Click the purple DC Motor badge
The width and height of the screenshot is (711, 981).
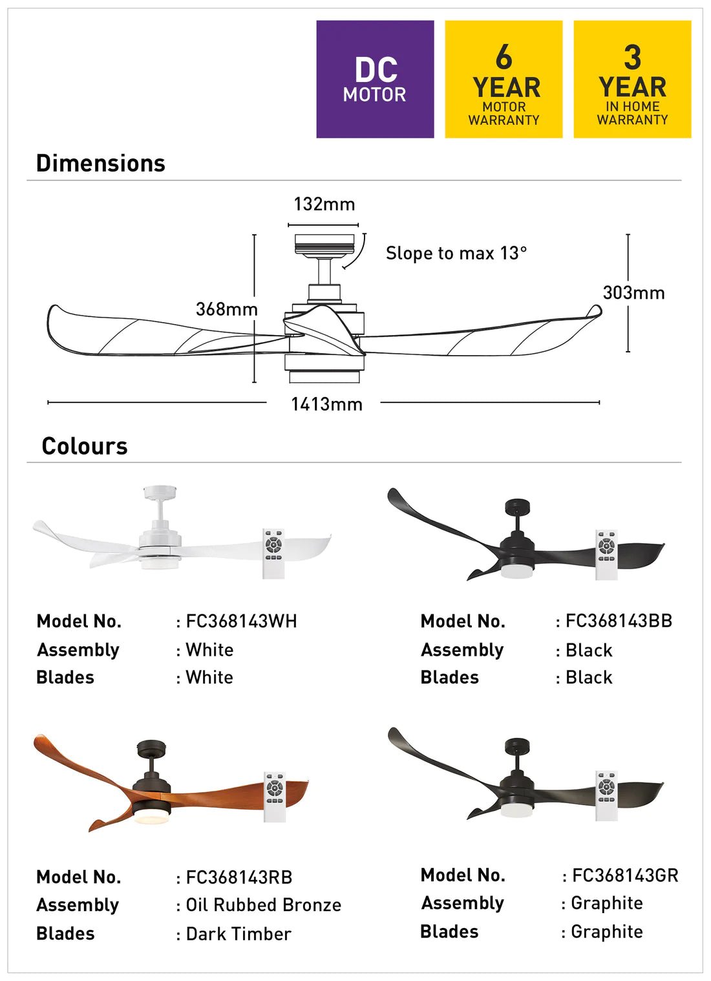[x=375, y=80]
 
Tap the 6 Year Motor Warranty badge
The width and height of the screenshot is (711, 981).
[x=504, y=80]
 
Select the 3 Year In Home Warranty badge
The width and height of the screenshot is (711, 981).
[x=632, y=80]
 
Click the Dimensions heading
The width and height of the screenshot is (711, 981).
[x=101, y=164]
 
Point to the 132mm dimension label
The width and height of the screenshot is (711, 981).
[x=324, y=204]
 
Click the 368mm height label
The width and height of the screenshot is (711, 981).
[x=226, y=309]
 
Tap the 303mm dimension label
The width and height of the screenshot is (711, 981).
[x=633, y=293]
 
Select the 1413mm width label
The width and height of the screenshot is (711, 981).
[x=326, y=405]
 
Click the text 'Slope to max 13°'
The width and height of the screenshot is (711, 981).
[x=456, y=253]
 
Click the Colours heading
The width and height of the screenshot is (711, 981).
[x=85, y=446]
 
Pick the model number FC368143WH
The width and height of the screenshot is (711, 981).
[x=241, y=621]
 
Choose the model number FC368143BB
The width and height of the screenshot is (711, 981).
[x=619, y=621]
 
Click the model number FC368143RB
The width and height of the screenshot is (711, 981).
[x=239, y=878]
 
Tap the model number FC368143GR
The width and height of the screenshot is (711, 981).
[x=625, y=876]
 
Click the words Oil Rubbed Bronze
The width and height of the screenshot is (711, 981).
[x=263, y=905]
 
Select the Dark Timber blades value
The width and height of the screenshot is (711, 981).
[x=239, y=934]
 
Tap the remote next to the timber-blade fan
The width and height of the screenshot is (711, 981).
[x=275, y=797]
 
